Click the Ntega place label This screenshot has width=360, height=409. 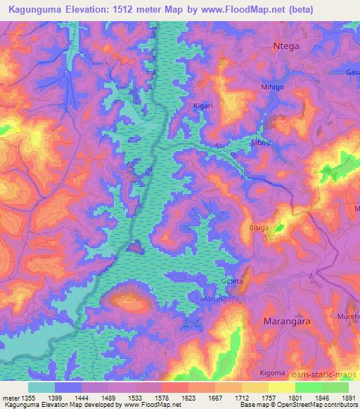(286, 47)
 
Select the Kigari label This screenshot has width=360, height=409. (204, 106)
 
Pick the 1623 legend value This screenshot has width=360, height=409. (187, 398)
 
